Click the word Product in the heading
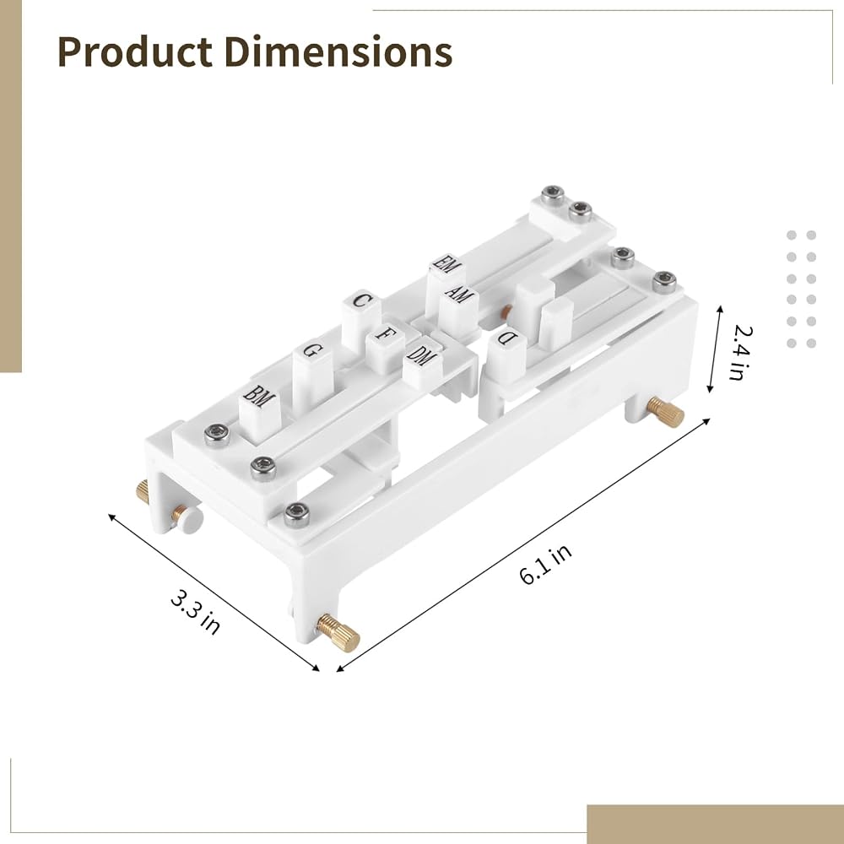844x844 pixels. coord(134,52)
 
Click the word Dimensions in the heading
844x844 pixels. coord(338,51)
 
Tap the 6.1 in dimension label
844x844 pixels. coord(545,564)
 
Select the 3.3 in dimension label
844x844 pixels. coord(195,612)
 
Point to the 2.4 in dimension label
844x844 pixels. coord(740,353)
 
